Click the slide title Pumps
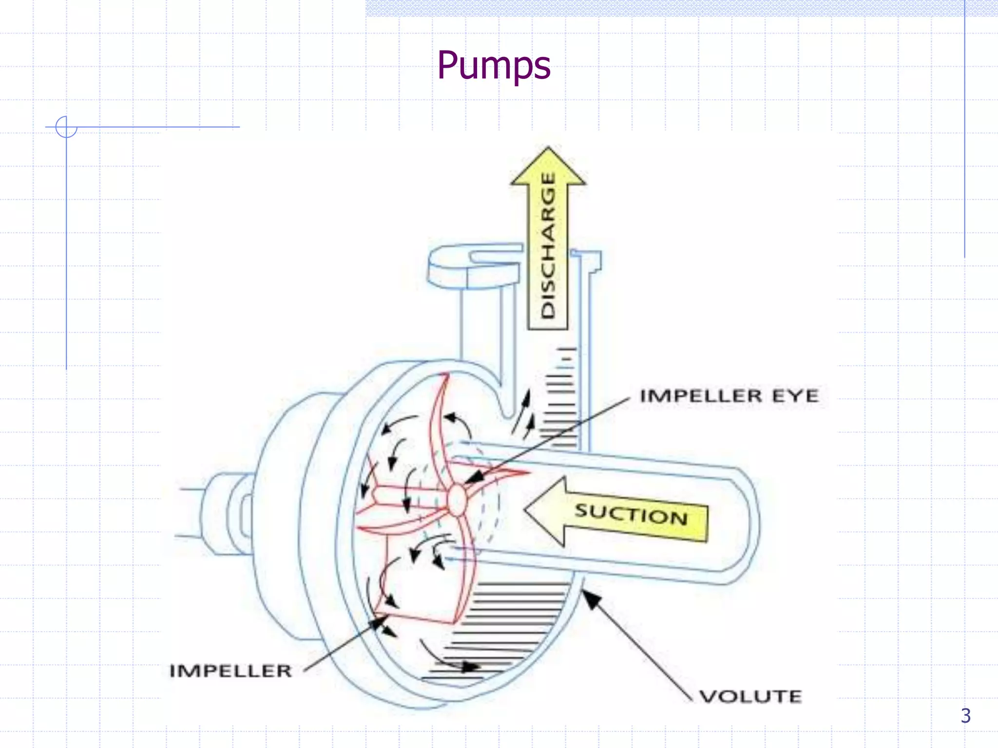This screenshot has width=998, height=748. [494, 66]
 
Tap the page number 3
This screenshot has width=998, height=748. [965, 715]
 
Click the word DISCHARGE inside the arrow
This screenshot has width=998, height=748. [548, 246]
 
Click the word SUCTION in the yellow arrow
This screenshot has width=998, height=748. [632, 514]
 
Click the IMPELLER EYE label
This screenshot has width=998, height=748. [729, 396]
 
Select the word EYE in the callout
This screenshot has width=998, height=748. [795, 396]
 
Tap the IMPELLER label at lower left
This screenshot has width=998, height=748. [230, 671]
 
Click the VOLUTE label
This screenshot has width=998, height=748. [750, 696]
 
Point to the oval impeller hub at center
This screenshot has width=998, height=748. [457, 500]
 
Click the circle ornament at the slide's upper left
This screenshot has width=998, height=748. [66, 127]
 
